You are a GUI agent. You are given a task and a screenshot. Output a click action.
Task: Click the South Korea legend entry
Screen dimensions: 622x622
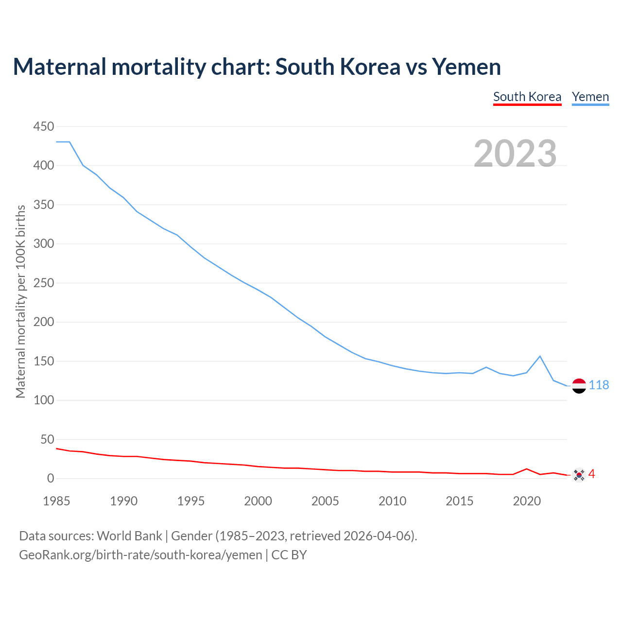tap(527, 97)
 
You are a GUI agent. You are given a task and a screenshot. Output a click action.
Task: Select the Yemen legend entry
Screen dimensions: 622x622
tap(590, 97)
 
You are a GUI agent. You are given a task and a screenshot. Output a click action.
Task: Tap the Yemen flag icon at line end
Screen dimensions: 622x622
tap(579, 385)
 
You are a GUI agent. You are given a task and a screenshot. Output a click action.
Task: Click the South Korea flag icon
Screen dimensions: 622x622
tap(579, 474)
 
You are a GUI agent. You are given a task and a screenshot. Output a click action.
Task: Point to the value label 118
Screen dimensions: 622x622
tap(599, 385)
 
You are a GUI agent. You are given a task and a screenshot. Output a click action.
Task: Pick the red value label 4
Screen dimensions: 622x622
tap(591, 474)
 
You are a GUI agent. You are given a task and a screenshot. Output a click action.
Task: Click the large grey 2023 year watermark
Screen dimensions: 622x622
tap(515, 153)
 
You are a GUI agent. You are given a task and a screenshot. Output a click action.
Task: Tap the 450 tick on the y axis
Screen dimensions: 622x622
tap(43, 127)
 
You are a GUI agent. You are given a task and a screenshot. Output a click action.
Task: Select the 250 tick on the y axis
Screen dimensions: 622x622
tap(43, 283)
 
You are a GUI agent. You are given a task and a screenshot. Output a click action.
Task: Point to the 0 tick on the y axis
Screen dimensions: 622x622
tap(50, 479)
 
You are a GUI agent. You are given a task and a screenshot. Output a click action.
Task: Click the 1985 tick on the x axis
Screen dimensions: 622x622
tap(56, 501)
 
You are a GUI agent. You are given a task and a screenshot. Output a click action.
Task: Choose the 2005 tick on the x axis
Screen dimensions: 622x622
tap(325, 501)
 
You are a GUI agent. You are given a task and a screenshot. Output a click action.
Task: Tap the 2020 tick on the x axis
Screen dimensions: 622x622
tap(527, 501)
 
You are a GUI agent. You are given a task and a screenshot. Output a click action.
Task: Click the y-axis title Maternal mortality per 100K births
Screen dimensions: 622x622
tap(20, 301)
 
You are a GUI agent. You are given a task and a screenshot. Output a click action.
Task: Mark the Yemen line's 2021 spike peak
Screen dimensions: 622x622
tap(540, 356)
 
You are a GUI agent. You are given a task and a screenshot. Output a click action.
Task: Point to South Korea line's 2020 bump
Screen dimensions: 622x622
tap(527, 469)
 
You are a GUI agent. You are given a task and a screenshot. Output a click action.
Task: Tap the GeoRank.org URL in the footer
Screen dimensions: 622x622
tap(140, 554)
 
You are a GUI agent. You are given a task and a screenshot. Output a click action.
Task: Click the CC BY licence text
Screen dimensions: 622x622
tap(289, 554)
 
